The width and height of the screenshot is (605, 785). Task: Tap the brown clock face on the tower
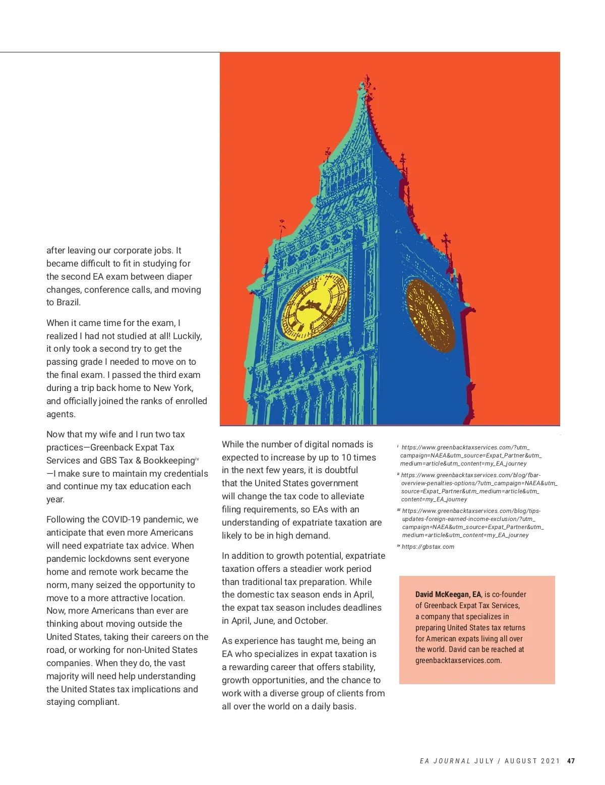click(x=430, y=316)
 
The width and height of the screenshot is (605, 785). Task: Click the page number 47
click(x=571, y=761)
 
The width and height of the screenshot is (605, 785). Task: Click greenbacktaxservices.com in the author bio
click(x=458, y=661)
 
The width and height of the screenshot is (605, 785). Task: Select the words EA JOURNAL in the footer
click(x=445, y=761)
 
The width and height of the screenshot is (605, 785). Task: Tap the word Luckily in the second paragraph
click(x=187, y=336)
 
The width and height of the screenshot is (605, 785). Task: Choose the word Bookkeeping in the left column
click(x=168, y=461)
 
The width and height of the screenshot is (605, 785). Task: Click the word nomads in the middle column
click(x=345, y=444)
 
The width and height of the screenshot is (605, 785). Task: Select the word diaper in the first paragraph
click(x=179, y=277)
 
